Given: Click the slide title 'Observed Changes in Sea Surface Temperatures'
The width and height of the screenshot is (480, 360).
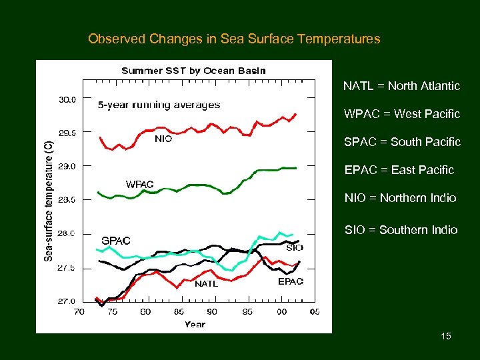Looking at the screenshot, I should pos(234,39).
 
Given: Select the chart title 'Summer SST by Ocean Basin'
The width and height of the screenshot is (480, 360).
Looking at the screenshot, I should pos(193,71).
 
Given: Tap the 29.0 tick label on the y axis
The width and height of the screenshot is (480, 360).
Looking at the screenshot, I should pos(68,166).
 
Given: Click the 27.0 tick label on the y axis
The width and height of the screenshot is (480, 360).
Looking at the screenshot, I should pos(68,301).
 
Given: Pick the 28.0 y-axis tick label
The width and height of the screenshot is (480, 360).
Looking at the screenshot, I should pos(68,234).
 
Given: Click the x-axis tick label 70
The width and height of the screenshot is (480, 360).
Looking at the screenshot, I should pos(79,311).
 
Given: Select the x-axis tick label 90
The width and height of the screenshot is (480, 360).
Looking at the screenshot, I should pos(212,311).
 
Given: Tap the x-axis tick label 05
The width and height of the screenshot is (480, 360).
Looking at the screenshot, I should pos(314,311).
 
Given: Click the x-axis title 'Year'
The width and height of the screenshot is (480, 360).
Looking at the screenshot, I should pos(195,325).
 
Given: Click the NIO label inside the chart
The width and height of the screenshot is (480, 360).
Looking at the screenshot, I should pos(163,139).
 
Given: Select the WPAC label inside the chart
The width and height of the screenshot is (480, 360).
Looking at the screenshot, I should pos(140,184).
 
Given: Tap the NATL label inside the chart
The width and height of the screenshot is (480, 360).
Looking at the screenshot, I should pos(206,283).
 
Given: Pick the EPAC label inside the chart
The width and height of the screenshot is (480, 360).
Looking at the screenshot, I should pos(290,281).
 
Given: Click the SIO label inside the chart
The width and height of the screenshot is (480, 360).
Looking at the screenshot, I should pos(294,247).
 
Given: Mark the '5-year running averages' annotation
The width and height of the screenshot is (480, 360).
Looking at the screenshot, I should pos(159,105).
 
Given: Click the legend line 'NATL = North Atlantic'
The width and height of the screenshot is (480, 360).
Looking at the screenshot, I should pos(401,86).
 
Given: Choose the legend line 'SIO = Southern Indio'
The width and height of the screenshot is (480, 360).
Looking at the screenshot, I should pos(401,230).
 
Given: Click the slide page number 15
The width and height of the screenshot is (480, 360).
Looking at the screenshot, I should pos(446,336).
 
